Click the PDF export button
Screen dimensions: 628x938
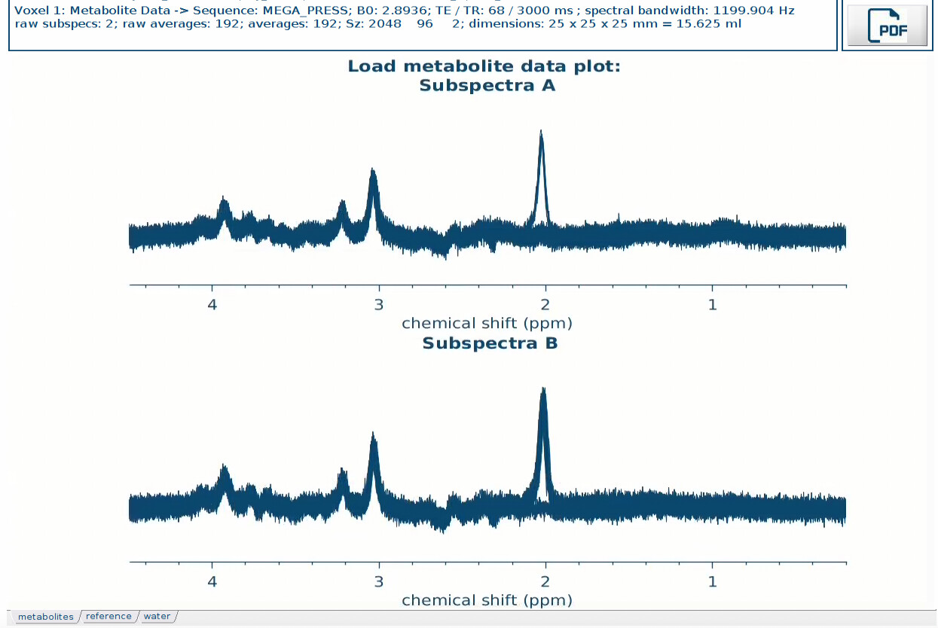(888, 25)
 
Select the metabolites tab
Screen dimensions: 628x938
(46, 617)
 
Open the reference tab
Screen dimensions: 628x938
(108, 617)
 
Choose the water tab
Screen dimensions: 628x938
(157, 617)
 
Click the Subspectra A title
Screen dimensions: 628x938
(487, 85)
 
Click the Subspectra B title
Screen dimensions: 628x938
(490, 343)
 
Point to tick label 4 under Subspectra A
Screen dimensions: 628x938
(212, 305)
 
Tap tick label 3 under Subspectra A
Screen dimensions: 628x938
(379, 305)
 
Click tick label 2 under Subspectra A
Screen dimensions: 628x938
(545, 305)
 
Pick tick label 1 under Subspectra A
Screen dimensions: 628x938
(712, 305)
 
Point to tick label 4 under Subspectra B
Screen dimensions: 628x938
(212, 582)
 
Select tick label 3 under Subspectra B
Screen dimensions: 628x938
(379, 582)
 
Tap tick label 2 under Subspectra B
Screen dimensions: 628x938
(545, 582)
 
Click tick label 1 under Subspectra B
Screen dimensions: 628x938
(712, 582)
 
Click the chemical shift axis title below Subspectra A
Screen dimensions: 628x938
(487, 323)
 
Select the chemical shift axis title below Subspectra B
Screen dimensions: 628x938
(487, 600)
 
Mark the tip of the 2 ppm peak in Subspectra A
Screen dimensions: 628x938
(541, 131)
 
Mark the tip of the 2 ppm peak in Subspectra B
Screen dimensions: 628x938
(542, 389)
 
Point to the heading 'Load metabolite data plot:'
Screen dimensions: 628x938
(484, 66)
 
